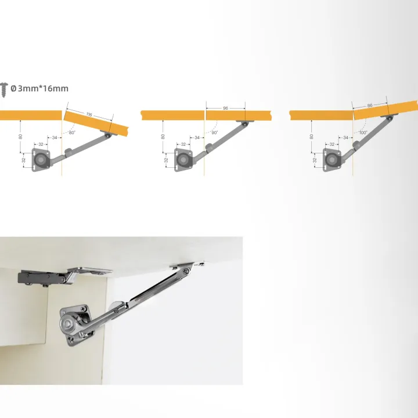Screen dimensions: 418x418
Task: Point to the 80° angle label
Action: pos(72,133)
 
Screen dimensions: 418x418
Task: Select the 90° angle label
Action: pos(214,133)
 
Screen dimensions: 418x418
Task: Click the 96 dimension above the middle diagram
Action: pos(225,108)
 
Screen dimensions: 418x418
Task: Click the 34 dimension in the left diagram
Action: pos(54,138)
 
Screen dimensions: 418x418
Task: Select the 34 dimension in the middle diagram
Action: pos(197,138)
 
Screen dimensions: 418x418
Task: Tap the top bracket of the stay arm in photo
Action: pos(187,266)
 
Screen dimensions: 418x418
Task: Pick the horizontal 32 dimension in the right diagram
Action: pos(331,144)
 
